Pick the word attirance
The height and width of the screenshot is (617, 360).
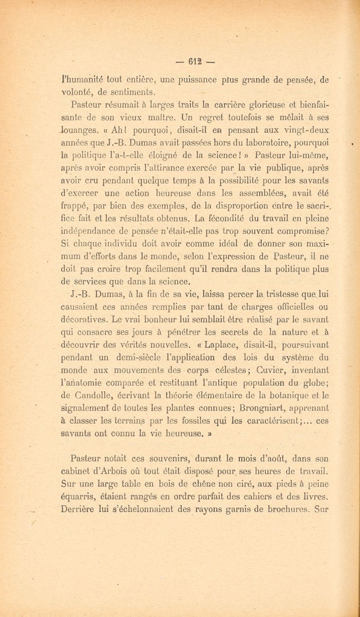click(166, 169)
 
